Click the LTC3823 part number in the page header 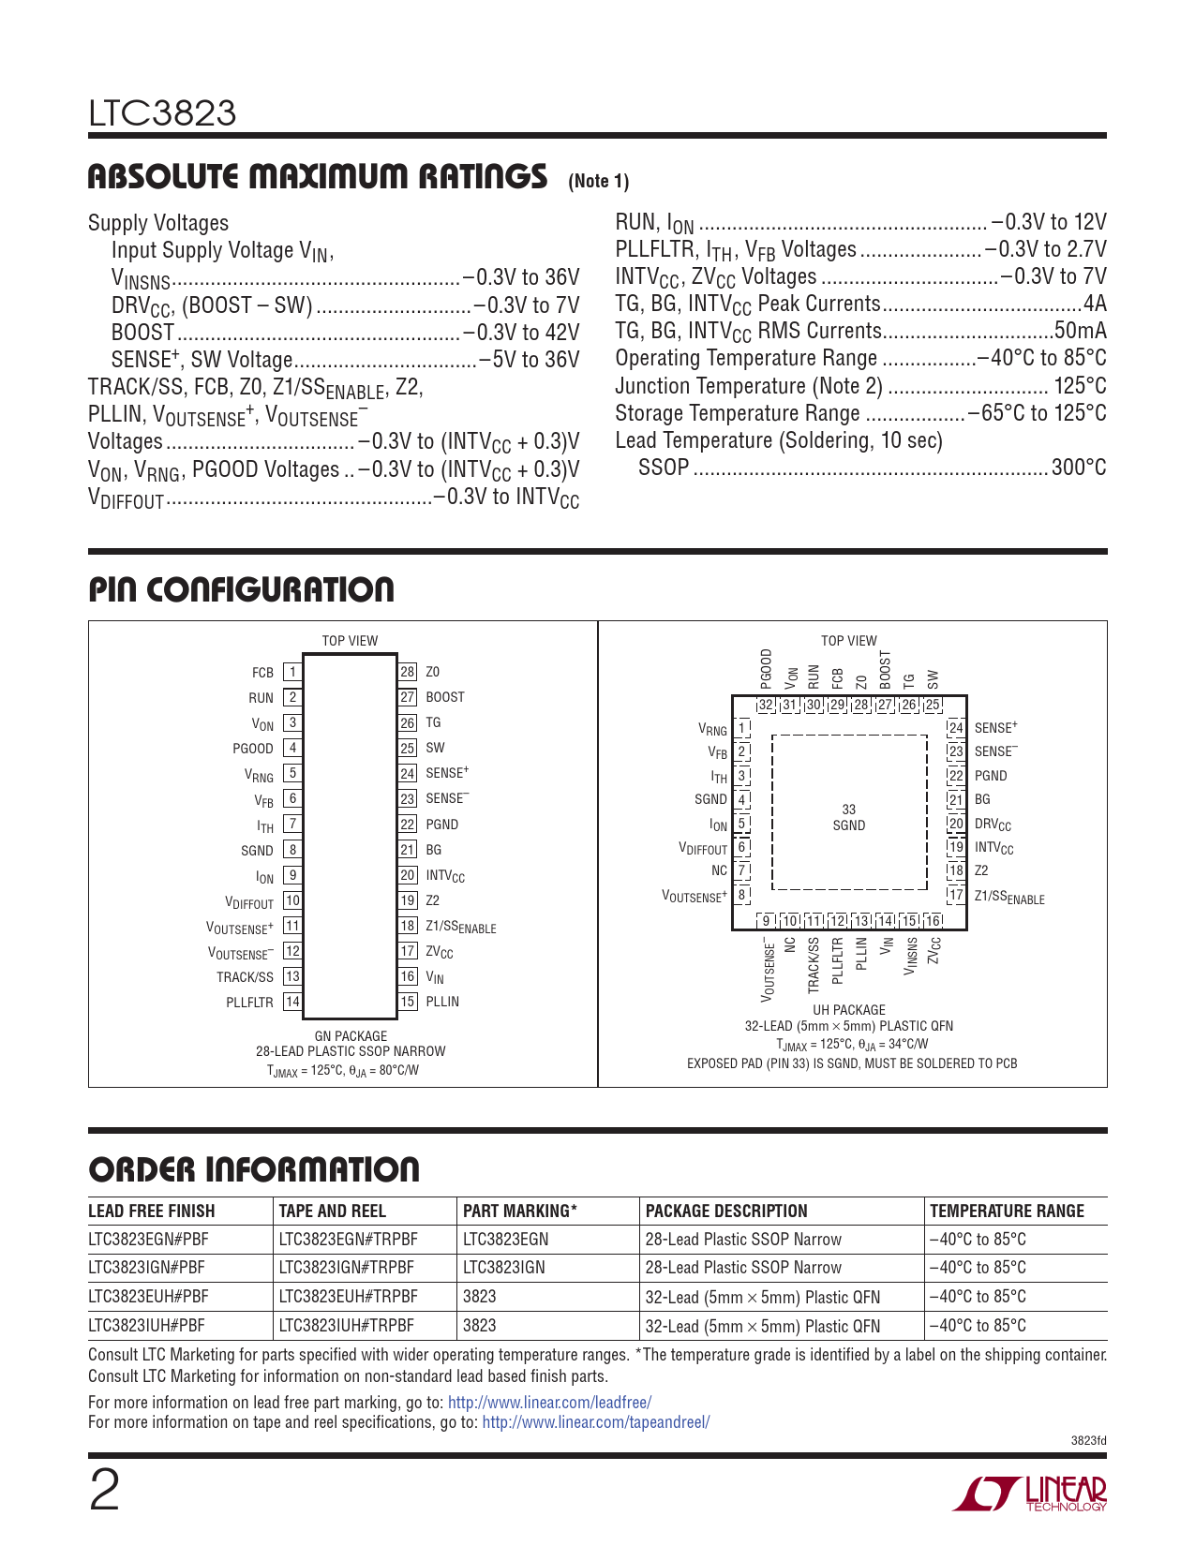click(x=162, y=113)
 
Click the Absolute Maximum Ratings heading click(x=317, y=176)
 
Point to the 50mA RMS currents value click(x=1080, y=331)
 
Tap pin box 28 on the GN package click(x=408, y=672)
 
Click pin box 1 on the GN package click(x=292, y=672)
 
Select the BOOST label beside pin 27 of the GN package click(x=445, y=697)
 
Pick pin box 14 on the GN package click(x=292, y=1002)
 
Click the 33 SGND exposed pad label click(x=848, y=817)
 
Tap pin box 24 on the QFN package click(x=955, y=728)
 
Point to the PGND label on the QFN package click(x=991, y=776)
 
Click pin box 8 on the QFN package click(x=741, y=895)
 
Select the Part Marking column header click(x=520, y=1211)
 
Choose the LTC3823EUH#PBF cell click(x=148, y=1297)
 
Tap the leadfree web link click(x=549, y=1403)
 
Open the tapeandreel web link click(x=595, y=1422)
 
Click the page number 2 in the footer click(x=104, y=1491)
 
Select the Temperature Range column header click(x=1007, y=1211)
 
